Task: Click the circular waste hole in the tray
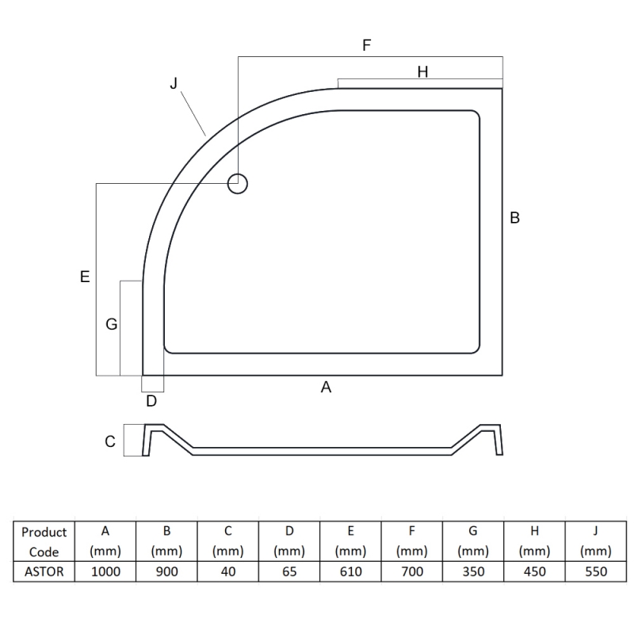click(238, 184)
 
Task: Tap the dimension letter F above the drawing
click(366, 45)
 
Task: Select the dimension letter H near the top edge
click(422, 72)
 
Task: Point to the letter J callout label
click(174, 84)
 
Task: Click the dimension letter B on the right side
click(514, 218)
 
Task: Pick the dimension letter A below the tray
click(325, 388)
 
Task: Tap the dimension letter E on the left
click(85, 277)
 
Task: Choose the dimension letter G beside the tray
click(111, 324)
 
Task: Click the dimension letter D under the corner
click(151, 401)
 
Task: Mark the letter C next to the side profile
click(111, 441)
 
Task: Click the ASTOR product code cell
click(44, 571)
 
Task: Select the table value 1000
click(105, 571)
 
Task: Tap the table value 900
click(166, 571)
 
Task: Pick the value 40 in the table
click(227, 571)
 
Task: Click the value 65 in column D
click(289, 571)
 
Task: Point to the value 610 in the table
click(350, 571)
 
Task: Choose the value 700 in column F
click(411, 571)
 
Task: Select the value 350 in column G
click(473, 571)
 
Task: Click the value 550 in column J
click(595, 571)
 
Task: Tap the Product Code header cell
click(44, 542)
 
